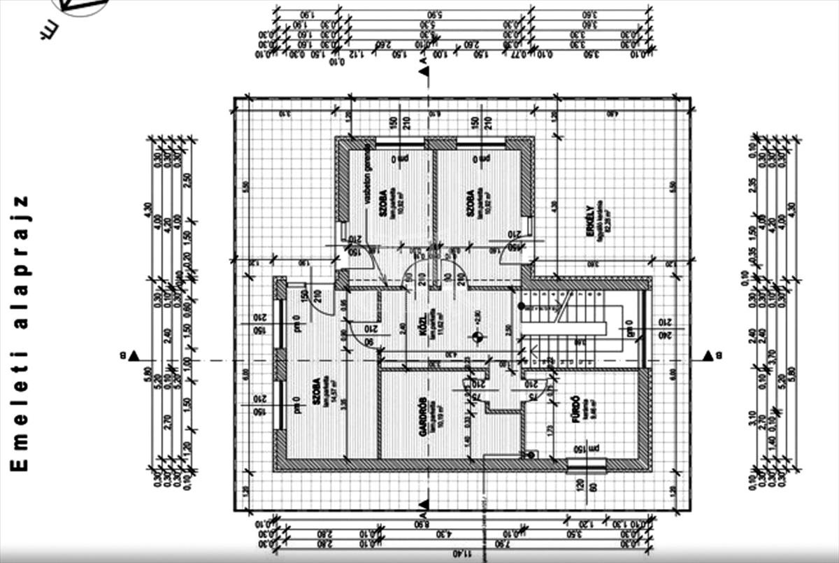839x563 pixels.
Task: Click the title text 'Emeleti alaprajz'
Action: (x=20, y=333)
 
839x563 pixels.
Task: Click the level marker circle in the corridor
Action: (x=478, y=337)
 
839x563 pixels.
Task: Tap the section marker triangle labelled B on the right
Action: (x=708, y=355)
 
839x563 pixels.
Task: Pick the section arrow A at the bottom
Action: (x=423, y=505)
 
